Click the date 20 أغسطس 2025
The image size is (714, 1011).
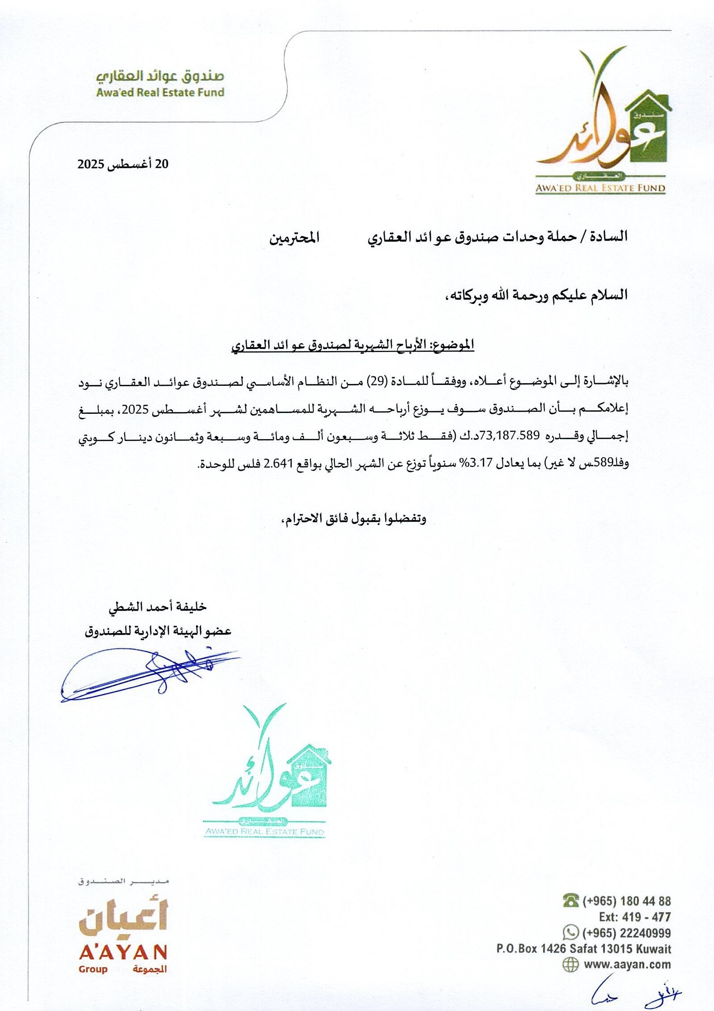coord(124,164)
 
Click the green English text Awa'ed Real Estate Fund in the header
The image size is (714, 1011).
coord(160,93)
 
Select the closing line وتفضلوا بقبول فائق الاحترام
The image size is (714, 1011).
coord(354,519)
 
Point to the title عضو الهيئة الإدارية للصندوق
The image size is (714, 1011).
coord(158,631)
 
